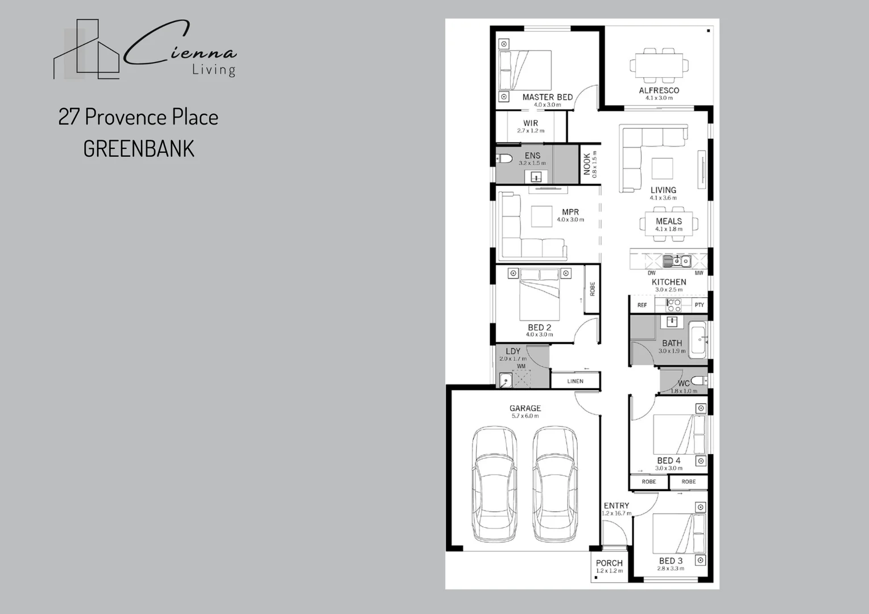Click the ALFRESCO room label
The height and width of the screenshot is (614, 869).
[x=659, y=90]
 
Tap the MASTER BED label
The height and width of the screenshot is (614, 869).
[x=547, y=97]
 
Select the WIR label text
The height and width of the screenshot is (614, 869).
[x=530, y=123]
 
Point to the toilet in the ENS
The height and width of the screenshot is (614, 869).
[x=504, y=158]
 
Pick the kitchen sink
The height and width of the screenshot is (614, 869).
[x=676, y=262]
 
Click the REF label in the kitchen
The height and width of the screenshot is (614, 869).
[x=642, y=305]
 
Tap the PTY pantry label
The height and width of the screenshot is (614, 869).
[x=699, y=305]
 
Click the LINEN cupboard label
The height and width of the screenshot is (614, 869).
[x=575, y=381]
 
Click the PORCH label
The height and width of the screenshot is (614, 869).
[x=609, y=563]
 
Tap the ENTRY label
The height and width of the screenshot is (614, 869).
[x=616, y=505]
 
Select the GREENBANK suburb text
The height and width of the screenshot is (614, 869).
[x=139, y=149]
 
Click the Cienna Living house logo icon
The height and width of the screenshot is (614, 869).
[x=86, y=50]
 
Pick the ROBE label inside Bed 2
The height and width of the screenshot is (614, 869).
[x=592, y=289]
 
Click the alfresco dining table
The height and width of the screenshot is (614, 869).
[x=659, y=65]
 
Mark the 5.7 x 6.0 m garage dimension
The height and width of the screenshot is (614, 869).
[x=525, y=416]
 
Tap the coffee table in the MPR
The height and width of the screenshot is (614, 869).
[x=541, y=215]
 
